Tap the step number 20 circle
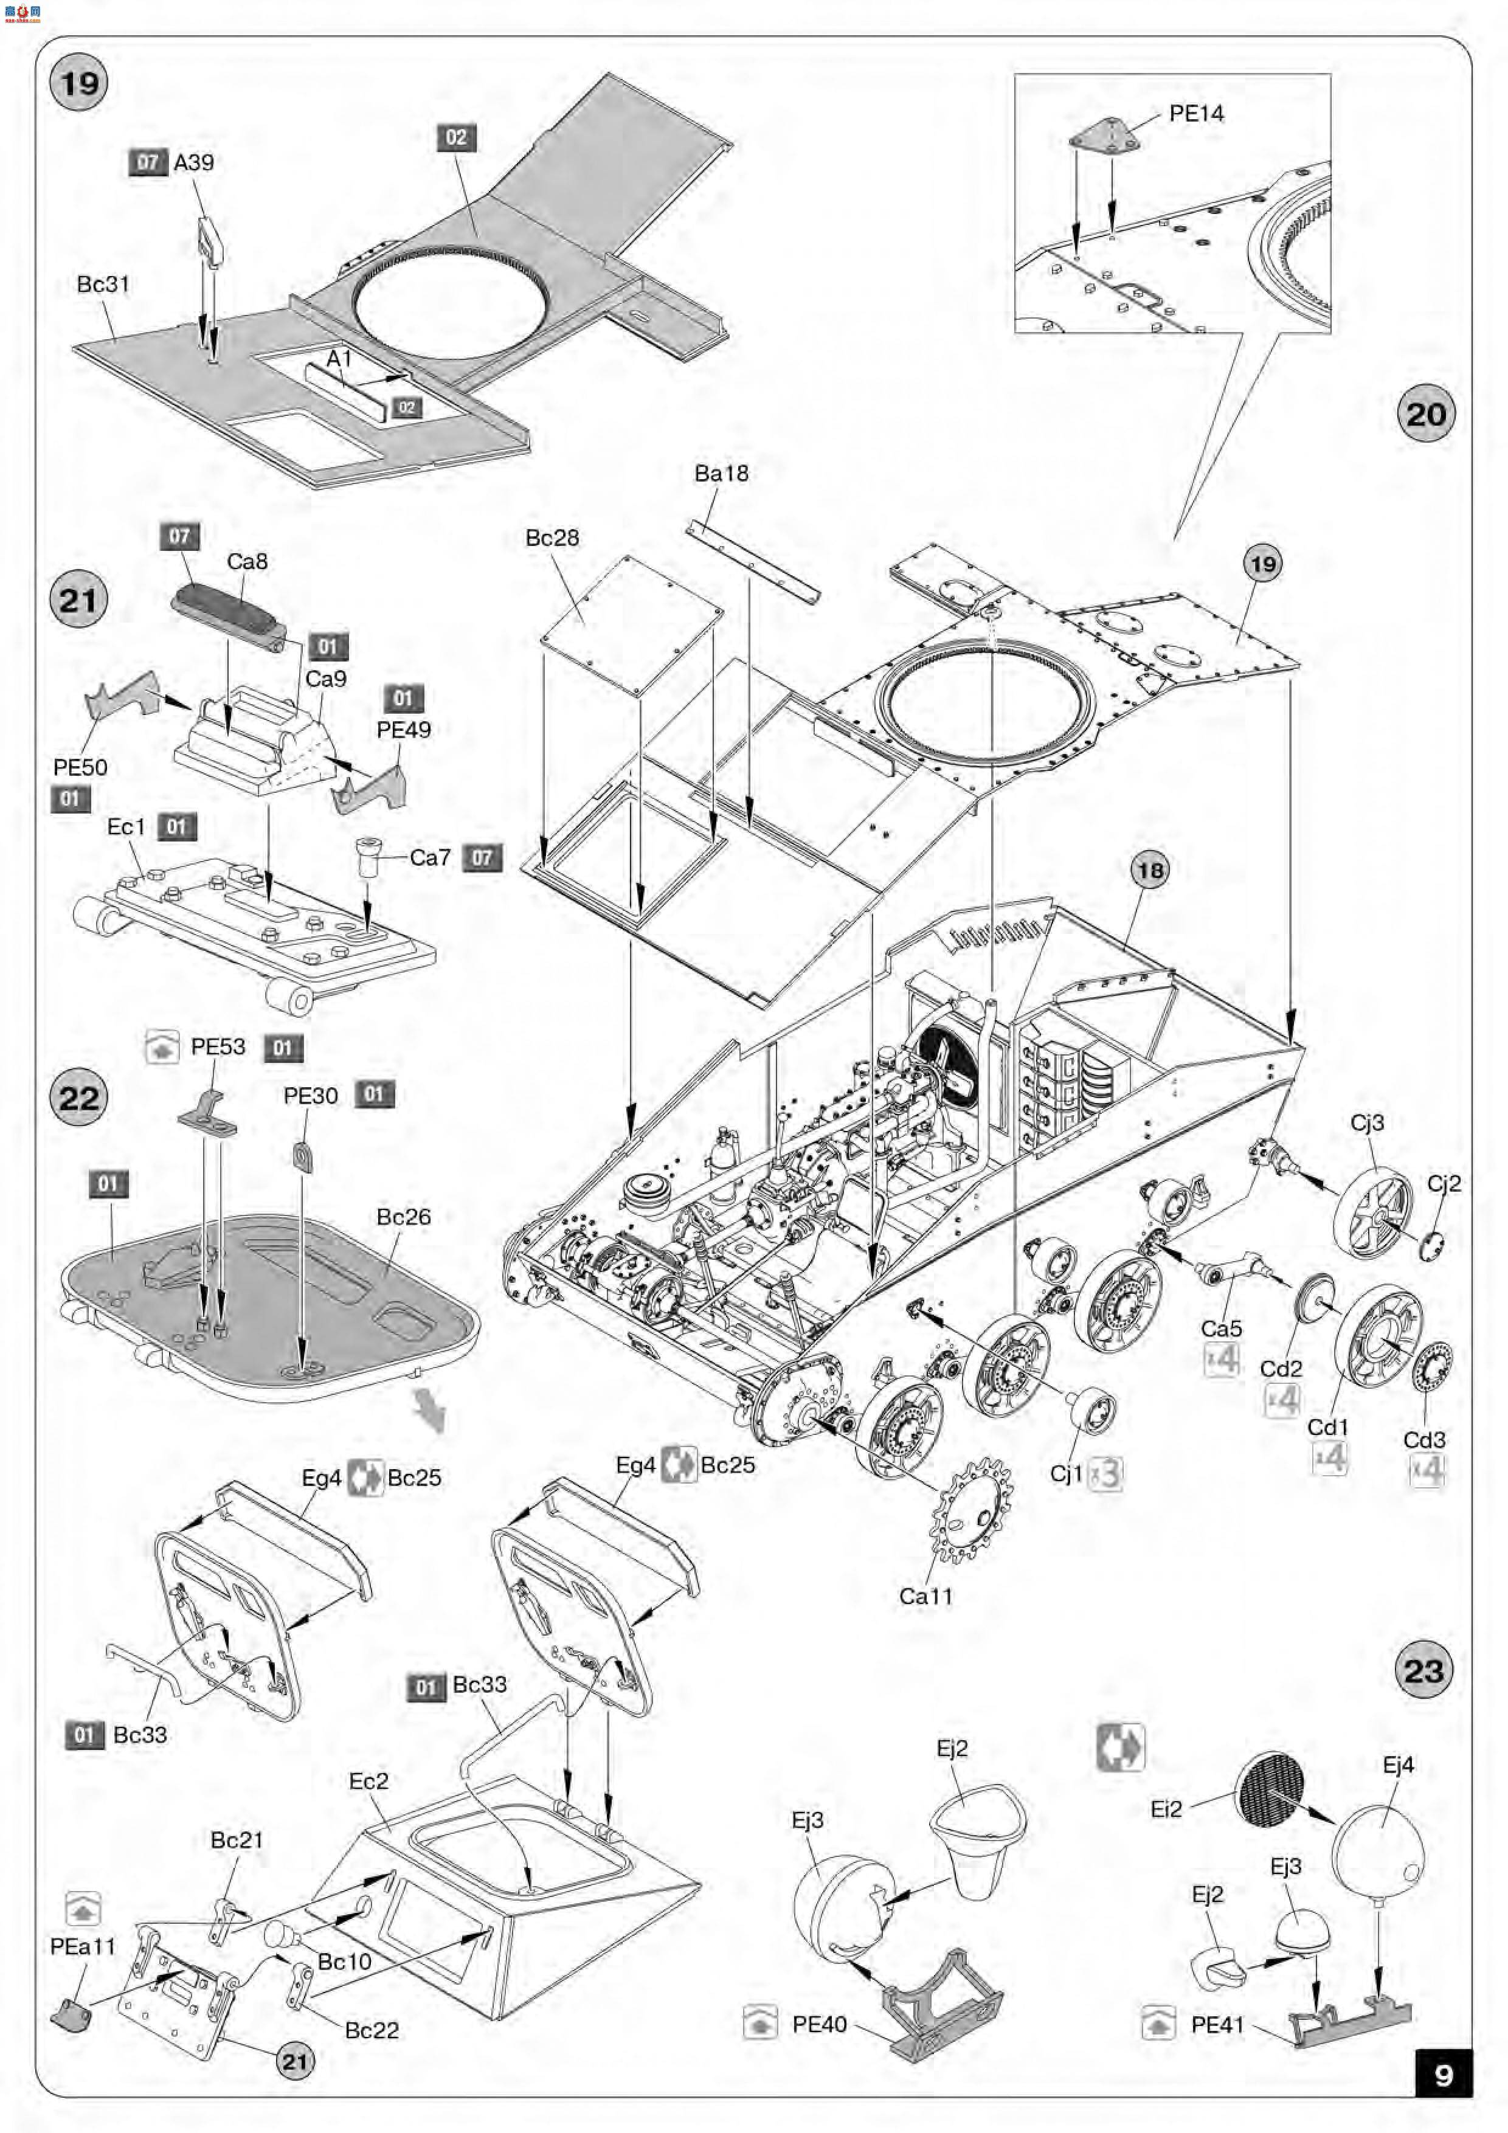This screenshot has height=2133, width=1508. tap(1425, 414)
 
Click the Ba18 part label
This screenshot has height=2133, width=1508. tap(721, 473)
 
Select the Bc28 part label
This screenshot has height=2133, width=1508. tap(552, 538)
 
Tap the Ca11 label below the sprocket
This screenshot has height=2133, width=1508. tap(925, 1596)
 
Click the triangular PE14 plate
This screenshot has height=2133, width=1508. tap(1103, 135)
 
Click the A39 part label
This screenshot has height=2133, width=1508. tap(193, 162)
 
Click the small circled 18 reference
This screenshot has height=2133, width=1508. tap(1149, 871)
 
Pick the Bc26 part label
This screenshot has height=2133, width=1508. tap(403, 1216)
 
